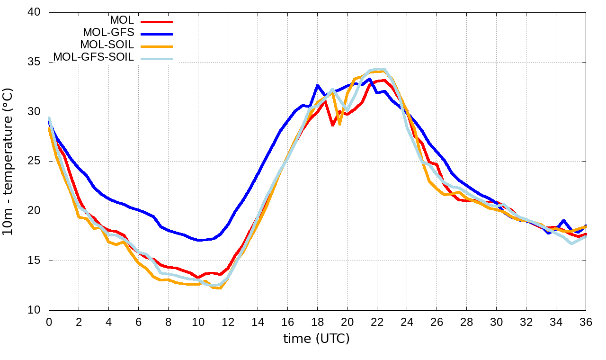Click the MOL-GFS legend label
[x=108, y=33]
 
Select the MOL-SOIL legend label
[x=107, y=45]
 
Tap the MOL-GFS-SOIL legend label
[x=93, y=57]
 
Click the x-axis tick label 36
[x=586, y=322]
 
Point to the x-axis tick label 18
[x=317, y=322]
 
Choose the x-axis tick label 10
[x=198, y=322]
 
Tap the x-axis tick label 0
[x=49, y=322]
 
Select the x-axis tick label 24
[x=407, y=322]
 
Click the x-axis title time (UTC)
[x=316, y=339]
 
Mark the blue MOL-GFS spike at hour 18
[x=317, y=86]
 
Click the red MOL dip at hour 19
[x=332, y=125]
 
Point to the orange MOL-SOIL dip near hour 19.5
[x=339, y=125]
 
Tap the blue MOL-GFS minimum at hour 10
[x=199, y=240]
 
